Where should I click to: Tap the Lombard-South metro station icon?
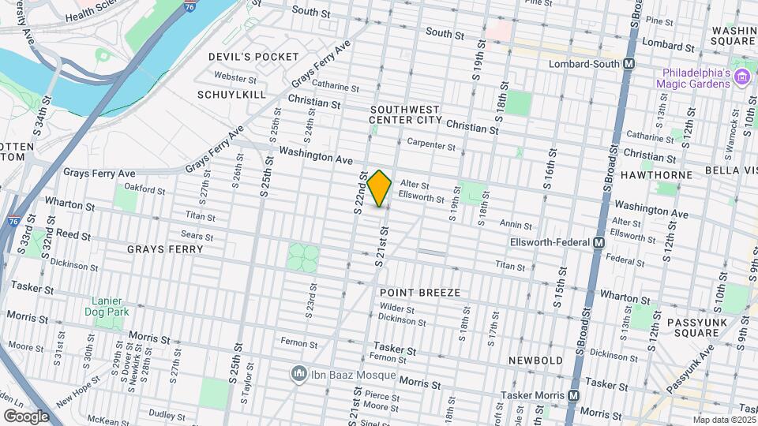[629, 64]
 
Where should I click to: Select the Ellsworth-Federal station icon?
[599, 242]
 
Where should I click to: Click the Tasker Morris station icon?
[575, 395]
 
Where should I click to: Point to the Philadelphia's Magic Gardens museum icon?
[741, 77]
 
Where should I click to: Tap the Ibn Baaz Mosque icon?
[298, 372]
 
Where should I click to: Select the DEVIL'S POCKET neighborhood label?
[253, 57]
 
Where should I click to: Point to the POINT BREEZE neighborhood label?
[420, 293]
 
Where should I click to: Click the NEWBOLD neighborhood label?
[535, 360]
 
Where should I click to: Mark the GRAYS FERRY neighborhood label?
[165, 249]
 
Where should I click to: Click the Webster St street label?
[235, 79]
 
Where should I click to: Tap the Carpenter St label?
[432, 146]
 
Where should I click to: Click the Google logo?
[26, 416]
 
